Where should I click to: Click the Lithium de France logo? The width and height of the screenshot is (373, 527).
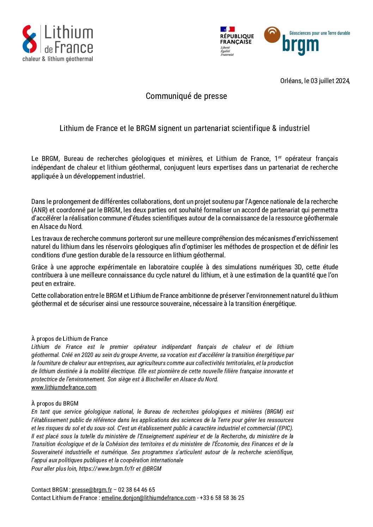[57, 43]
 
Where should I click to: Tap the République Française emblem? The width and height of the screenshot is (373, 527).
[237, 41]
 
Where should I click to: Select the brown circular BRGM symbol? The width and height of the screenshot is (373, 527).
[272, 35]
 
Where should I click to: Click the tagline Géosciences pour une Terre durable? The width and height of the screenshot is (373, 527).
[319, 33]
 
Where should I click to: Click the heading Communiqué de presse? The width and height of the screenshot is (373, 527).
[186, 96]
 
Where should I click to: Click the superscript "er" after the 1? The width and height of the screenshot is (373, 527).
[280, 157]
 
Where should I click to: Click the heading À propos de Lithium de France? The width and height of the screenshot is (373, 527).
[69, 339]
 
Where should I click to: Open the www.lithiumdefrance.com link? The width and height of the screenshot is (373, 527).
[64, 387]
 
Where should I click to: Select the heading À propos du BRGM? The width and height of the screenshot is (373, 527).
[55, 403]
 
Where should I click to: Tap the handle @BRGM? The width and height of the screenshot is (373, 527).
[152, 469]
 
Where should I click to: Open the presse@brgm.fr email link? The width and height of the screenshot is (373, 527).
[92, 490]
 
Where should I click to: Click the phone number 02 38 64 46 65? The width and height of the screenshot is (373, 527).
[136, 490]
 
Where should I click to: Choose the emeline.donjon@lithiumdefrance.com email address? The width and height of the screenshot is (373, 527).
[148, 498]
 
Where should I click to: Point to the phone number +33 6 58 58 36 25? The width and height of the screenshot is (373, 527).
[222, 498]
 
